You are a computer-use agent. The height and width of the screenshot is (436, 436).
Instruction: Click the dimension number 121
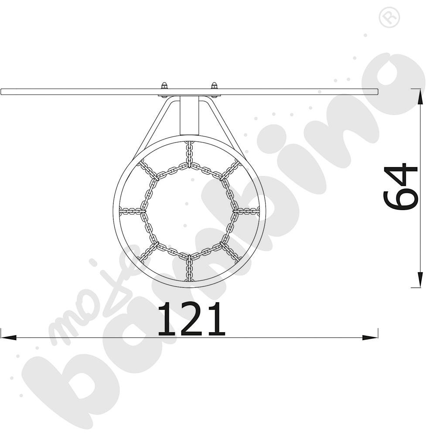point(191,319)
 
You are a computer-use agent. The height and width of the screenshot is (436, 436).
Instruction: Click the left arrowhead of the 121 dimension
point(8,337)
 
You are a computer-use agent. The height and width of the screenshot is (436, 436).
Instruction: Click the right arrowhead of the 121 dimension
point(370,337)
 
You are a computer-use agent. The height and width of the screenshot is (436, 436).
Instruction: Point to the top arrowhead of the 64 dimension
point(420,97)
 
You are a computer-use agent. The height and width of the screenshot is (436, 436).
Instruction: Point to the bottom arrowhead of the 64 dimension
point(420,279)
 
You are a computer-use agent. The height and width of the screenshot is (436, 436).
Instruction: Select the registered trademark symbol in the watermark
point(389,17)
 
